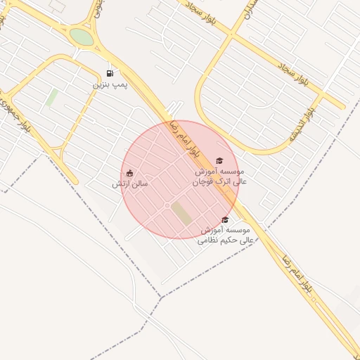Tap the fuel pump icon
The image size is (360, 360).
[x=110, y=73]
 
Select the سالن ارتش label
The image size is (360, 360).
[x=130, y=184]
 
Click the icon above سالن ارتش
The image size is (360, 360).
[x=129, y=173]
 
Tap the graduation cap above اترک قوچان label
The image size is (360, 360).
[x=219, y=161]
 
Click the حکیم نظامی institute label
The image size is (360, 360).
[x=226, y=235]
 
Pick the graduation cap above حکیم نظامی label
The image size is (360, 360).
[x=225, y=220]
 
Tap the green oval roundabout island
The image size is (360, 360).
[x=82, y=37]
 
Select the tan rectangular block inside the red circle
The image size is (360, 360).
[x=182, y=213]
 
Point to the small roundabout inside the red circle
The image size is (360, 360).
[x=167, y=205]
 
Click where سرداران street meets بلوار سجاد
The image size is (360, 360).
[x=231, y=33]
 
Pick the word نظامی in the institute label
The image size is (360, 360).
[x=212, y=240]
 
